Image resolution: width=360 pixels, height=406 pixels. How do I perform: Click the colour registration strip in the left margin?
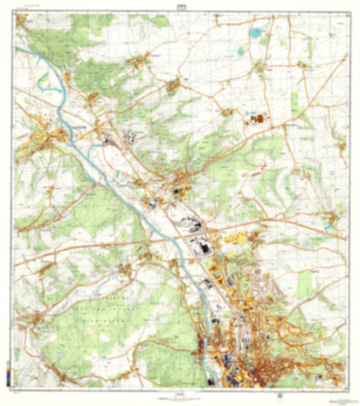pyautogui.click(x=7, y=371)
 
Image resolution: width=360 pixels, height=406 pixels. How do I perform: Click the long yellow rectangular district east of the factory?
pyautogui.click(x=233, y=238)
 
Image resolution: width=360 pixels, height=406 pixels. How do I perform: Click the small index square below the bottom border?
pyautogui.click(x=277, y=397)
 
